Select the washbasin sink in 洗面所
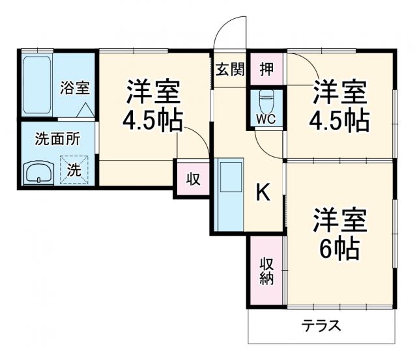[39, 174]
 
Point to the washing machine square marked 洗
[74, 170]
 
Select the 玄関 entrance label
[230, 68]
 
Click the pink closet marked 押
[266, 68]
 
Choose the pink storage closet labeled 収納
[266, 270]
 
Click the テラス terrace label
[321, 325]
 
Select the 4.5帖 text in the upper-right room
[340, 121]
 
